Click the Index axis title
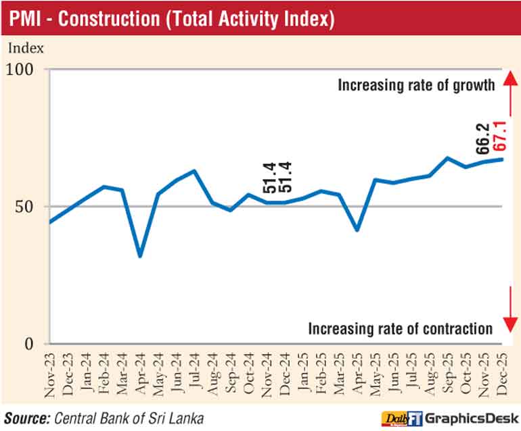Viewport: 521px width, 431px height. (x=26, y=48)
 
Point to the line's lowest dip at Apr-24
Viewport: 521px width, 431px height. (x=140, y=256)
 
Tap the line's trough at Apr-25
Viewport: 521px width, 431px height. (x=357, y=230)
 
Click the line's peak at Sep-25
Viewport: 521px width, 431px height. (x=447, y=158)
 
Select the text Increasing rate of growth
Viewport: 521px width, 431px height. (x=417, y=86)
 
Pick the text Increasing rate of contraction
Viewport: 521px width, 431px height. (x=401, y=329)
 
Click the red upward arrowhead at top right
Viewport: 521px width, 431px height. (x=507, y=74)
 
